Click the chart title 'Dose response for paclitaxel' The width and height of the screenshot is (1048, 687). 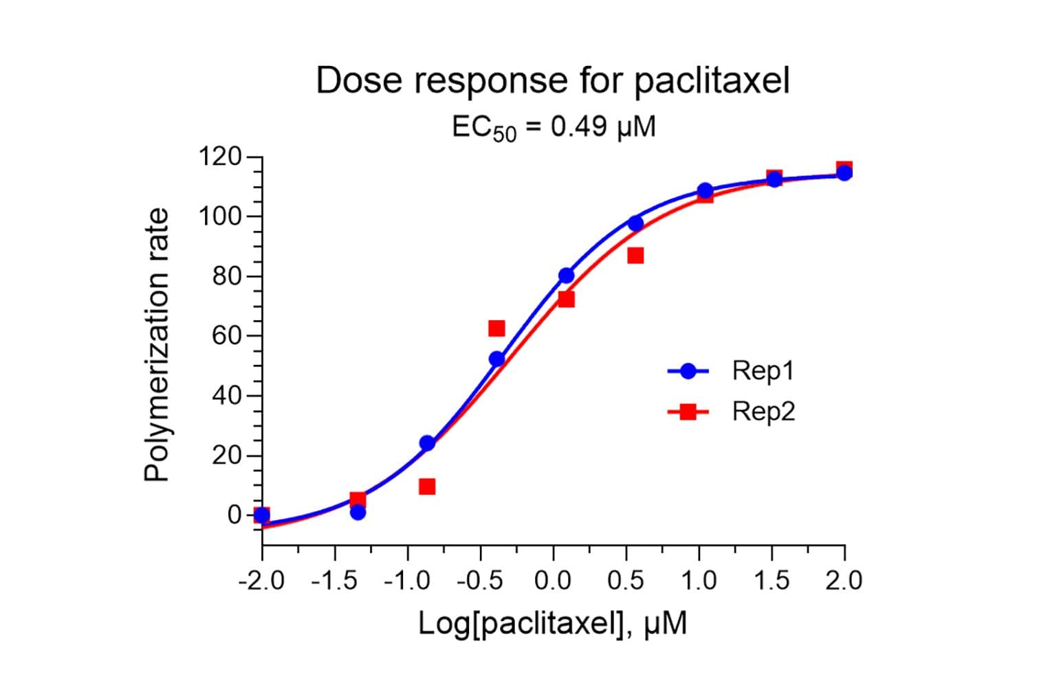click(x=552, y=81)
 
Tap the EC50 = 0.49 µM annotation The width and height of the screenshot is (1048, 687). click(x=554, y=127)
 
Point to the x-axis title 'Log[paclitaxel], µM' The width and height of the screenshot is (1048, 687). click(x=552, y=624)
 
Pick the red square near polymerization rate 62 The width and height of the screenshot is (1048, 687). click(x=496, y=328)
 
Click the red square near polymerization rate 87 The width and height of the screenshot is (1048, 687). click(x=635, y=256)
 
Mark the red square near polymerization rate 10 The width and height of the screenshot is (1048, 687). click(x=427, y=486)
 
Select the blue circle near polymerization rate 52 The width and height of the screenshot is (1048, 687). click(x=496, y=359)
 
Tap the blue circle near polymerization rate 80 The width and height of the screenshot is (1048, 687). click(x=566, y=275)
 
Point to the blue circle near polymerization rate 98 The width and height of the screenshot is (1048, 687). click(x=635, y=223)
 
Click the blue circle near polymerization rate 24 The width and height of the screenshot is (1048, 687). click(x=427, y=443)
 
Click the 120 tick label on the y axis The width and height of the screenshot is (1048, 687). click(x=219, y=157)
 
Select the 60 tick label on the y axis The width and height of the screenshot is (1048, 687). click(x=226, y=336)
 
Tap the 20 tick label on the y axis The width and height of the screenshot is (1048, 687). click(x=226, y=455)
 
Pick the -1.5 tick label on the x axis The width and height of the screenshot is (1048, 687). click(x=334, y=581)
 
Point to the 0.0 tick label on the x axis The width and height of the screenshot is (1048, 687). click(x=553, y=581)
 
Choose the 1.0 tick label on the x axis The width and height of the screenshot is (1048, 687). click(x=699, y=581)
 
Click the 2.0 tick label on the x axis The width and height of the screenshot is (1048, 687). click(x=844, y=581)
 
